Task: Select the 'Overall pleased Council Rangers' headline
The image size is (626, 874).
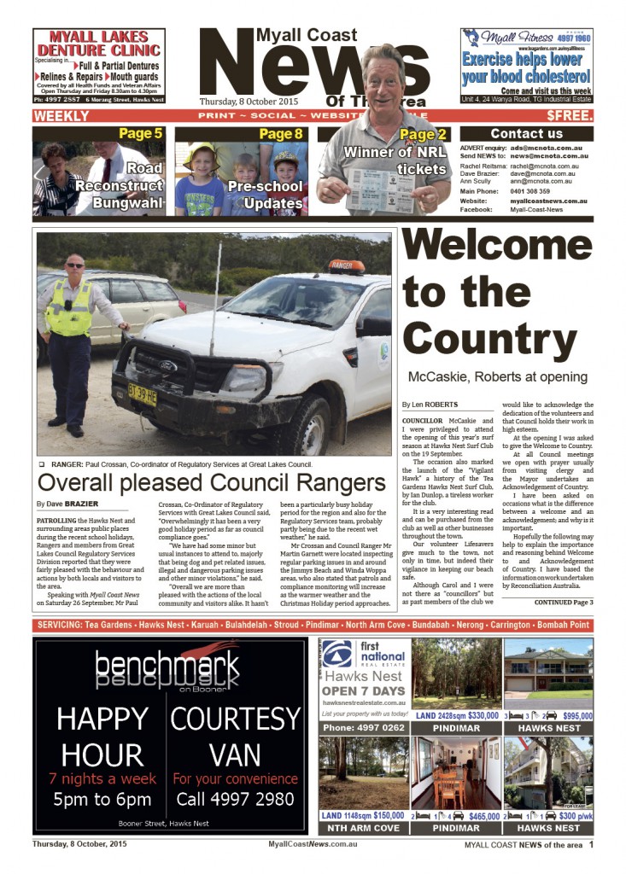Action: pyautogui.click(x=212, y=483)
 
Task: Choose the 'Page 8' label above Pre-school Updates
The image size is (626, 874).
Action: pyautogui.click(x=280, y=133)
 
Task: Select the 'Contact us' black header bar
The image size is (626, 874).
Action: pyautogui.click(x=526, y=133)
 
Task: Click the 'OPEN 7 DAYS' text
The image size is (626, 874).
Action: pyautogui.click(x=365, y=690)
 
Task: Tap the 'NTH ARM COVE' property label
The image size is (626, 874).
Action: pyautogui.click(x=360, y=828)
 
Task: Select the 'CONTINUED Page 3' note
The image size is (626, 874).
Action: pyautogui.click(x=564, y=603)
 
